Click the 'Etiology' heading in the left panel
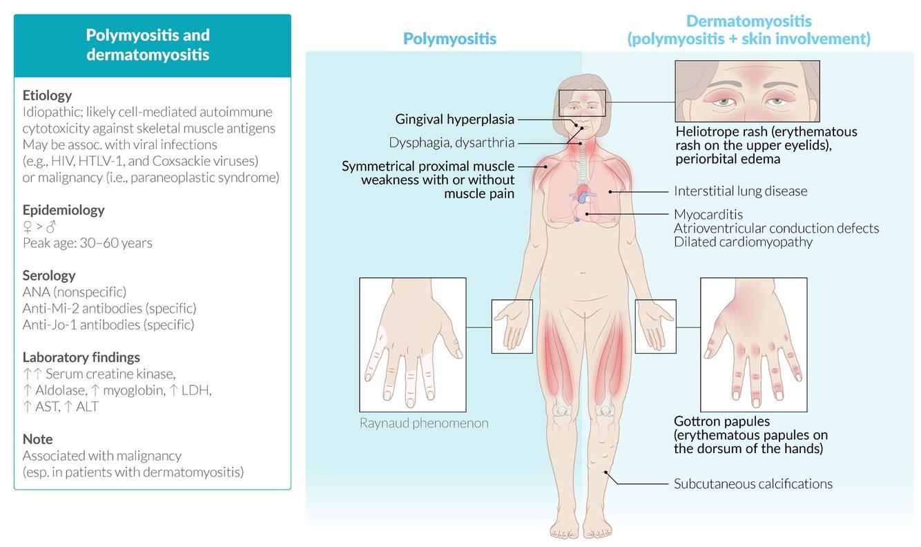pos(47,95)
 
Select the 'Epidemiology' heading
pos(64,210)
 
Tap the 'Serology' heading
pos(49,276)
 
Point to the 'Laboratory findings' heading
pos(81,357)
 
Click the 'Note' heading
pos(37,439)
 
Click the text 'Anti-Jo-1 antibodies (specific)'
pos(108,324)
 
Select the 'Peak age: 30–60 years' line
pos(88,243)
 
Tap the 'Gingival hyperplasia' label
pos(454,119)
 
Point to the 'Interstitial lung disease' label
pos(740,191)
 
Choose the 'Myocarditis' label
pos(708,214)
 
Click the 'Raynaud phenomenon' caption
pos(424,423)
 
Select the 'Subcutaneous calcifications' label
pos(753,483)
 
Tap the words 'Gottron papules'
pos(721,421)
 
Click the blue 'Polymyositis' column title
pos(449,39)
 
